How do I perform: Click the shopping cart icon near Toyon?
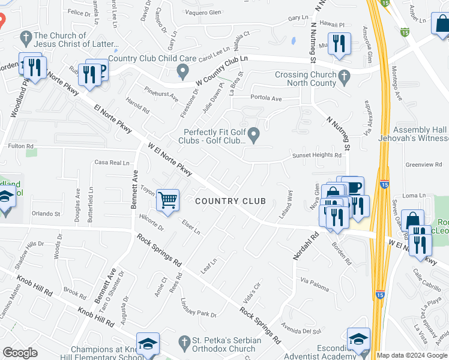pos(168,199)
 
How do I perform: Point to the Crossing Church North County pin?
pos(343,77)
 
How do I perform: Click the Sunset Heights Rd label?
pos(316,155)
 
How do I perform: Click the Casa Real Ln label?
pos(112,163)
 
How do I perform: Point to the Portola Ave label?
pos(266,98)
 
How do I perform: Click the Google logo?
pos(20,353)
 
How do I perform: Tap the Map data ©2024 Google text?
pos(412,355)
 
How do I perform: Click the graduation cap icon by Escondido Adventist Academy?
pos(358,338)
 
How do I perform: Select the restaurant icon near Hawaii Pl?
pos(340,43)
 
